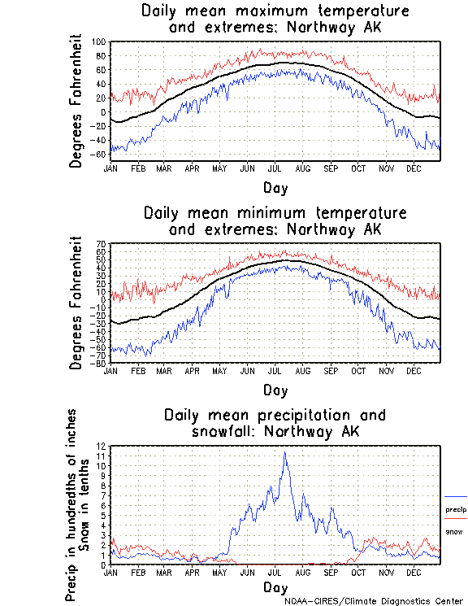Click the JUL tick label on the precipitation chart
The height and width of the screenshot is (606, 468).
[275, 573]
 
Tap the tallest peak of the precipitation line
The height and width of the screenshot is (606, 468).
[284, 453]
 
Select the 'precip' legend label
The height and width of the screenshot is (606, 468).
[456, 509]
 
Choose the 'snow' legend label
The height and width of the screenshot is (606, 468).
[454, 531]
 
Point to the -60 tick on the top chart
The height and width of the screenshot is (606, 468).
[99, 155]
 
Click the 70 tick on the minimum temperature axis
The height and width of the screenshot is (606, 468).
[102, 244]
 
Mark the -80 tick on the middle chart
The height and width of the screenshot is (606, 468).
[100, 364]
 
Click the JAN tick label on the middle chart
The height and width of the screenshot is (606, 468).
[110, 370]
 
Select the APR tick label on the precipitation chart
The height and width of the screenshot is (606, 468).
[192, 573]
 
